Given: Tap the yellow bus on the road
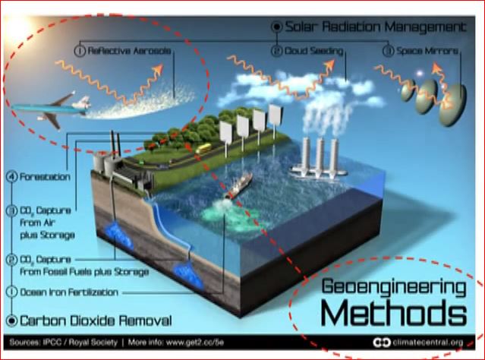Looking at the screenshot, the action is click(203, 149).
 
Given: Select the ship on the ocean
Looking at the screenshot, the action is click(238, 185).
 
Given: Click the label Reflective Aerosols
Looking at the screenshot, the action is click(129, 51).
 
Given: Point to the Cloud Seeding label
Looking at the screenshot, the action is click(313, 51).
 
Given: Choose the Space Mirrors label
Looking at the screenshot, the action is click(427, 50).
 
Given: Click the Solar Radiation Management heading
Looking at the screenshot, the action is click(375, 27).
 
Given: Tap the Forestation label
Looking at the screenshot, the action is click(45, 177).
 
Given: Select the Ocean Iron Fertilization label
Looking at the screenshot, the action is click(69, 292).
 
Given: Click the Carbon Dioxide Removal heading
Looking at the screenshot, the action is click(96, 321).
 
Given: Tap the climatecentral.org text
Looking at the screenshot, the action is click(428, 343).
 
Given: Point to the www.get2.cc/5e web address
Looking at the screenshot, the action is click(195, 343).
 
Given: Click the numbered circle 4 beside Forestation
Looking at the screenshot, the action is click(11, 176).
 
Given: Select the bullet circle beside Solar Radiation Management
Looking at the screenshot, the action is click(277, 27).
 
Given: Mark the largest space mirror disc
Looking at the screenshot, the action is click(452, 105).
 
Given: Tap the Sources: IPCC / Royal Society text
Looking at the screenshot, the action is click(64, 343).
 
